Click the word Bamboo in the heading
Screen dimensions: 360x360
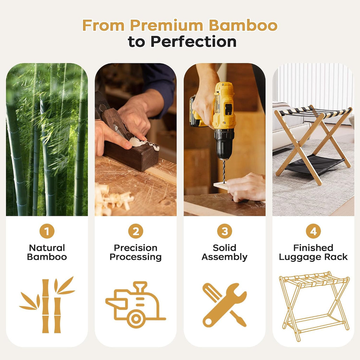point(243,25)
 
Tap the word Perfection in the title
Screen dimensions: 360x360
point(193,41)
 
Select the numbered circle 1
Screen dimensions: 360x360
point(47,231)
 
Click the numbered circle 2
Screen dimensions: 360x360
point(136,231)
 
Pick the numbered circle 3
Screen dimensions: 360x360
point(225,231)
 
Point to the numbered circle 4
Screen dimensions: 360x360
point(313,231)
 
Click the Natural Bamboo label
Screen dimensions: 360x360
point(47,252)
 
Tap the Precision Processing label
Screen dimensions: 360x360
point(136,252)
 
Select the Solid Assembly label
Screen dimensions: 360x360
point(225,252)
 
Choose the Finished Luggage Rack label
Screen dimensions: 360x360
point(313,252)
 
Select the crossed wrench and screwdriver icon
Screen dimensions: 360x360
point(224,305)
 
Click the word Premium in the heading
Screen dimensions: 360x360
point(167,25)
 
